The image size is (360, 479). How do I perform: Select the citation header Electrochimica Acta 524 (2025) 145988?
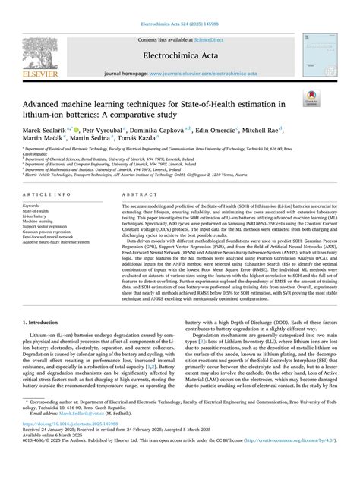pos(179,13)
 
